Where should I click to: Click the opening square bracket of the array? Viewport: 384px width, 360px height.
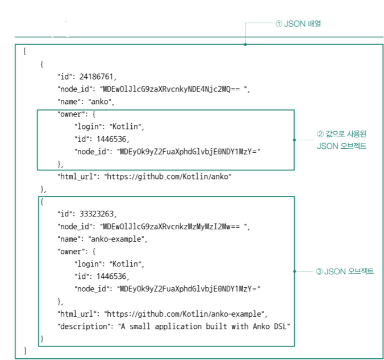tap(24, 51)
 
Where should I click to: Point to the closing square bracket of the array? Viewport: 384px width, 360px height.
tap(24, 351)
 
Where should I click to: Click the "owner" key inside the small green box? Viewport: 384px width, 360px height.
tap(71, 115)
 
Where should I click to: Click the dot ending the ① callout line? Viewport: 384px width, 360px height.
tap(245, 44)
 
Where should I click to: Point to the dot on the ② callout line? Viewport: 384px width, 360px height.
tap(294, 139)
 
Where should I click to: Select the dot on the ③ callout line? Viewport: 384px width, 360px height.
tap(294, 271)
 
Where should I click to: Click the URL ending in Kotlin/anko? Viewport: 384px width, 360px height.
tap(168, 177)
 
